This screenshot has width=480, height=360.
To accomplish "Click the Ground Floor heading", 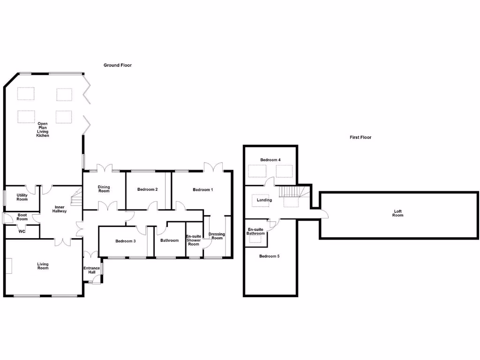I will tap(118, 65).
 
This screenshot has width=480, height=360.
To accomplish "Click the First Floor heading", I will tap(360, 137).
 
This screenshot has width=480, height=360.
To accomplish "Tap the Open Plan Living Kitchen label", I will tap(43, 129).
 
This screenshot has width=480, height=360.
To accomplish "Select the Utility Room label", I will tap(22, 197).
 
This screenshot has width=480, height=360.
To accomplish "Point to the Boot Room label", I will tap(22, 217).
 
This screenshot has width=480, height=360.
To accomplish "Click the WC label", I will tap(22, 231).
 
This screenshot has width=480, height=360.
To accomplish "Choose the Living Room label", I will tap(43, 266).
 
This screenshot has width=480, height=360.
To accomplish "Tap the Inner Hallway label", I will tap(60, 209).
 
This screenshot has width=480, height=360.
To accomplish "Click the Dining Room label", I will tap(104, 189).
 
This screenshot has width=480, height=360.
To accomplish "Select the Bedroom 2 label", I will tap(147, 189).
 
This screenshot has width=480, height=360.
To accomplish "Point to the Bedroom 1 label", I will tap(203, 189).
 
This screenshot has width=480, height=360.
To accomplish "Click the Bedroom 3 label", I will tap(125, 241).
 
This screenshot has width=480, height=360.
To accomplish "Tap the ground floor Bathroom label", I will tap(169, 240).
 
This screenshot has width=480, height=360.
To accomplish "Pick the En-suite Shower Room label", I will tap(194, 240).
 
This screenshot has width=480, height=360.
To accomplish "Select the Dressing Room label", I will tap(217, 236).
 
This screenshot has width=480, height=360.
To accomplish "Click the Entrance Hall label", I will tap(91, 270).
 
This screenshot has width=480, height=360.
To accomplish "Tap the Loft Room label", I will tap(397, 213).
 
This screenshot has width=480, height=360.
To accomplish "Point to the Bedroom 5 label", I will tap(269, 256).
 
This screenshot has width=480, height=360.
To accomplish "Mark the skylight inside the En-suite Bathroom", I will tap(255, 239).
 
